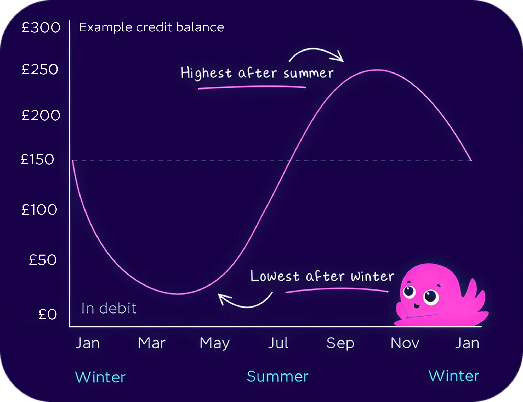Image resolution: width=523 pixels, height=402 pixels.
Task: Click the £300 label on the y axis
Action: [41, 27]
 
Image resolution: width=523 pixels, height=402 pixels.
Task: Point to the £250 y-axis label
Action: [40, 70]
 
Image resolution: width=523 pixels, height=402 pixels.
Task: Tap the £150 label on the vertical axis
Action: [37, 159]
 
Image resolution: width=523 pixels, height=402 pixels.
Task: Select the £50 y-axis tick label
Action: [43, 260]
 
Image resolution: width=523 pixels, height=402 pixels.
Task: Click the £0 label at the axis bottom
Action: [47, 314]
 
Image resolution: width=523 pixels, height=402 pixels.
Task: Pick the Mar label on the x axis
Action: [152, 343]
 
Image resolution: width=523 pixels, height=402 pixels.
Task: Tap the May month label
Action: [214, 343]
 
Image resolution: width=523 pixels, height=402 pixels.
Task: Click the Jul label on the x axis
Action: [278, 343]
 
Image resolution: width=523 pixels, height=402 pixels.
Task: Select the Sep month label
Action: [340, 343]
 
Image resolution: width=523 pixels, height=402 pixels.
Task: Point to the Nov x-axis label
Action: [405, 343]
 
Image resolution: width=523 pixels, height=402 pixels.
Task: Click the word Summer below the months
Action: [277, 376]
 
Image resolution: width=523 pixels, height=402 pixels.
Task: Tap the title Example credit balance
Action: [151, 27]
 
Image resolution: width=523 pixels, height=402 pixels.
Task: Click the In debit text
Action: [109, 308]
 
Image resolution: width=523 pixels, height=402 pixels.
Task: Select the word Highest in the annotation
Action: [206, 73]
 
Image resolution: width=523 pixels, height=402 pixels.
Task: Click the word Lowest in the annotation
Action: [275, 276]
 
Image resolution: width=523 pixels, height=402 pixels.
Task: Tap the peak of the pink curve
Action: [377, 70]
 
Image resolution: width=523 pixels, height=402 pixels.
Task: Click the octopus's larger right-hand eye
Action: [431, 297]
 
